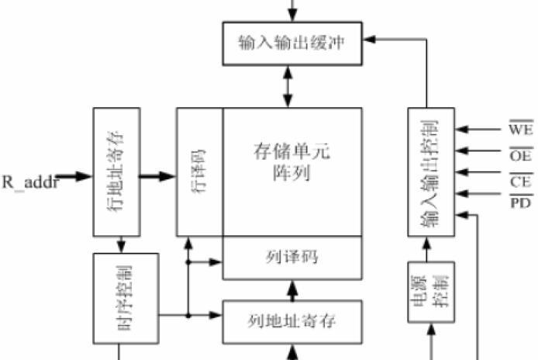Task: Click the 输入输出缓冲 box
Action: click(x=292, y=43)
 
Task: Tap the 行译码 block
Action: click(x=200, y=171)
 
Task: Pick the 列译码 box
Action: click(x=292, y=257)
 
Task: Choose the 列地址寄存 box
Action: click(x=292, y=320)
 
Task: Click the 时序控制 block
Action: click(x=126, y=298)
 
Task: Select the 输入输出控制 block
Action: click(x=429, y=171)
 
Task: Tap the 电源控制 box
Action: click(x=429, y=291)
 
